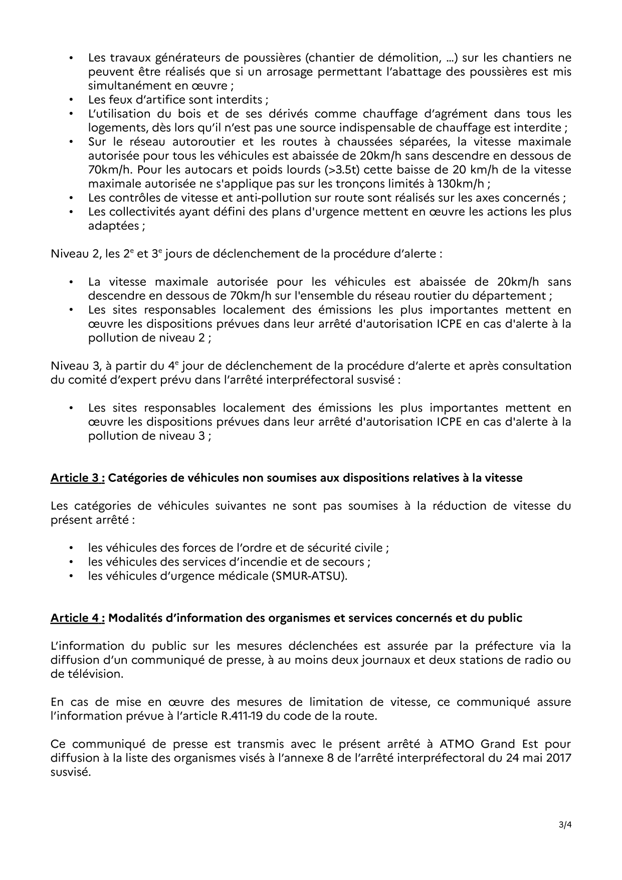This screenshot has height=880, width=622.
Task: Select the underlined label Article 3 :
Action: coord(77,478)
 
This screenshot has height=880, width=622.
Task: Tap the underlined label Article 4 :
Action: coord(77,618)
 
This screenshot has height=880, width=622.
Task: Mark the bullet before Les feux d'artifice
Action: coord(72,100)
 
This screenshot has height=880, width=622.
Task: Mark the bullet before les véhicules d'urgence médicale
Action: coord(72,576)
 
